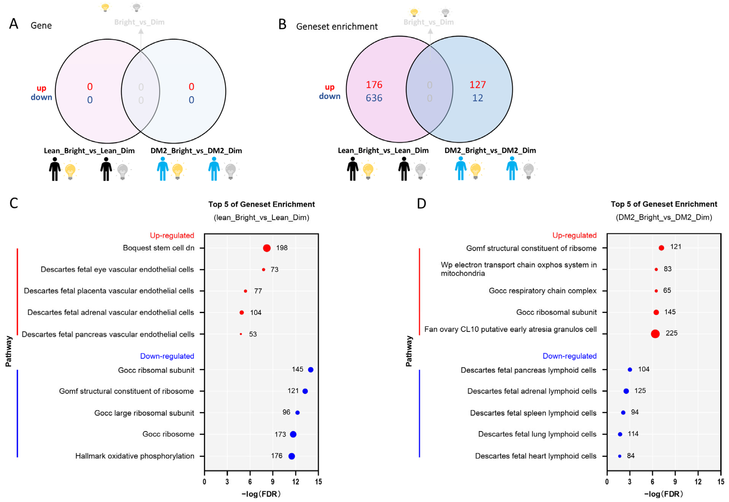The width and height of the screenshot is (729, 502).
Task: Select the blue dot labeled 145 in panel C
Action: pyautogui.click(x=310, y=370)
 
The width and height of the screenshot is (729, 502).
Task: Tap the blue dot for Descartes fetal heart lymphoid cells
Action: pyautogui.click(x=619, y=456)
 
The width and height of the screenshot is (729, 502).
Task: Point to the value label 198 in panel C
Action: pyautogui.click(x=282, y=248)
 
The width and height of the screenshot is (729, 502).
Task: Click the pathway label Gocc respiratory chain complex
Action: pyautogui.click(x=542, y=291)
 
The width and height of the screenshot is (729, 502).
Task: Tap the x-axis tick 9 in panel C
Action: pyautogui.click(x=272, y=481)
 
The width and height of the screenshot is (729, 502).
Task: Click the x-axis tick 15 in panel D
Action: pyautogui.click(x=720, y=481)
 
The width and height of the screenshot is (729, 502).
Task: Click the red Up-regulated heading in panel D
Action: pyautogui.click(x=574, y=235)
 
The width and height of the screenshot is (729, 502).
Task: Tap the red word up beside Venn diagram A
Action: pyautogui.click(x=41, y=88)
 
